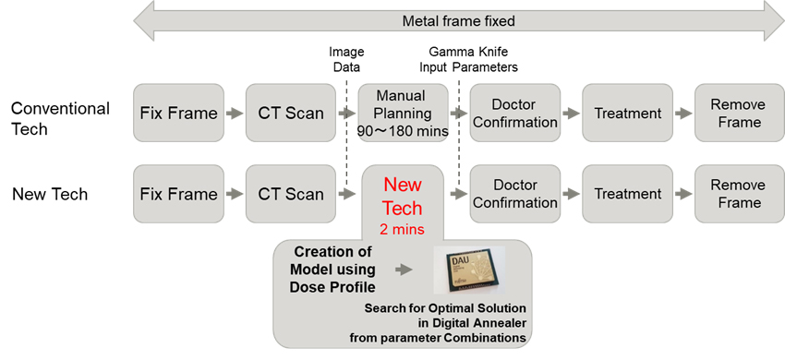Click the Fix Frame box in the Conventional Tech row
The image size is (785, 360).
point(179,114)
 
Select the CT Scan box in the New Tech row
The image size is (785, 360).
point(291,194)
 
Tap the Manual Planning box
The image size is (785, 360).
point(403,114)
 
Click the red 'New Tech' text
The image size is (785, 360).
point(402,196)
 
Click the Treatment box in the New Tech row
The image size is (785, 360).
point(627,194)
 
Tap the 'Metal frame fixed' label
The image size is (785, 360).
point(459,20)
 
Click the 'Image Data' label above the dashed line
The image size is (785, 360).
point(347,59)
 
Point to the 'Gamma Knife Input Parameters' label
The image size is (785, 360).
point(472,59)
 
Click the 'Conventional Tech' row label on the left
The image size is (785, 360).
point(60,116)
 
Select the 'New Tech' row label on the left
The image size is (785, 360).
point(50,194)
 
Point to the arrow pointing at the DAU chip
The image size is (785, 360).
point(403,270)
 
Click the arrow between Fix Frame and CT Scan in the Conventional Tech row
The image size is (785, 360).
point(235,114)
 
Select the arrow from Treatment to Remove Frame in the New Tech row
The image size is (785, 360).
point(682,194)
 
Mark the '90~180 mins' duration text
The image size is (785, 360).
point(403,132)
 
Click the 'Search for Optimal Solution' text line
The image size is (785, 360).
point(443,308)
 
